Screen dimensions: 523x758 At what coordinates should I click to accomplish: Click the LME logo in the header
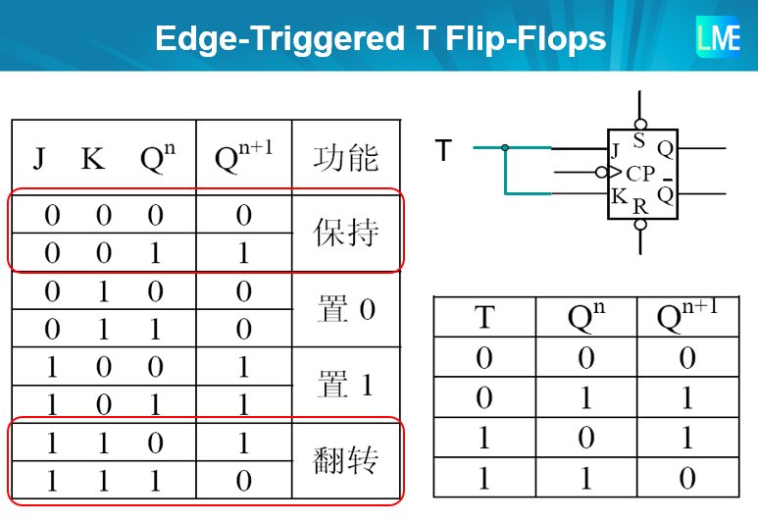tap(718, 38)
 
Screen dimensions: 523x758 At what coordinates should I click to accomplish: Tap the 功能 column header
tap(345, 157)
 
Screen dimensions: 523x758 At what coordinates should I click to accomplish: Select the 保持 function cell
tap(345, 234)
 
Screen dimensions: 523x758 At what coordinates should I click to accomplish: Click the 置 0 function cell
tap(345, 310)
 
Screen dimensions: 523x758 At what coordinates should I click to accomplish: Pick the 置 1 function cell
tap(345, 385)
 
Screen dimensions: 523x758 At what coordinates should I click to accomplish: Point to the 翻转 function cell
tap(345, 460)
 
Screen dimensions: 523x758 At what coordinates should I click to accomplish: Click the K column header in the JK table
tap(93, 158)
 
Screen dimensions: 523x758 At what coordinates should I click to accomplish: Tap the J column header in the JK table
tap(38, 158)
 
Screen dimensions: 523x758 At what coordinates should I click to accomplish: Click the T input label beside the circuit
tap(443, 150)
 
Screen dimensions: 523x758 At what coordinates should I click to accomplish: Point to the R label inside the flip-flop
tap(640, 206)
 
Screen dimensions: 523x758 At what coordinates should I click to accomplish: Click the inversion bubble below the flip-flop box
tap(640, 225)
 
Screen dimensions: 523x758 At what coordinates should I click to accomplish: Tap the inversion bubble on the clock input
tap(601, 173)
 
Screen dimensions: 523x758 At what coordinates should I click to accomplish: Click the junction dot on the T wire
tap(505, 148)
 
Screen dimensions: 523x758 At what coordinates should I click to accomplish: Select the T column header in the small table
tap(484, 318)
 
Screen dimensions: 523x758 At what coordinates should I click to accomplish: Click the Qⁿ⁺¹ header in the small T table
tap(686, 316)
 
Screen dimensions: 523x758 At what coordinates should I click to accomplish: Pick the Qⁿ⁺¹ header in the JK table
tap(243, 156)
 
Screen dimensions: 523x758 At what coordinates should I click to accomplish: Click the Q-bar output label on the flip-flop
tap(666, 193)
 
